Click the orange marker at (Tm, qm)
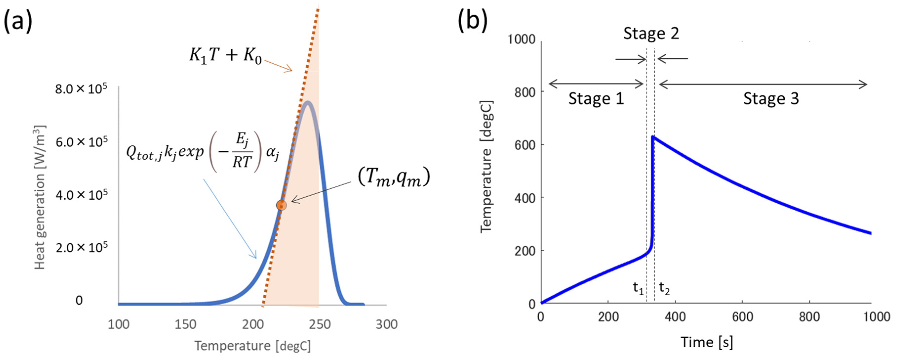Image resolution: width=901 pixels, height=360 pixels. click(x=281, y=205)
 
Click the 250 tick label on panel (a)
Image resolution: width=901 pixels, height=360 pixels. click(x=320, y=324)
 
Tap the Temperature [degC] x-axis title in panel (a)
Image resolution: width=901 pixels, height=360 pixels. click(x=253, y=346)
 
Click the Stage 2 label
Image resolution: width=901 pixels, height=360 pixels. click(x=651, y=34)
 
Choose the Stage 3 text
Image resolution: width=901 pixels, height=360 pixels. click(x=771, y=99)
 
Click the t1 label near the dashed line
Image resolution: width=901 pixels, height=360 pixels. click(x=638, y=289)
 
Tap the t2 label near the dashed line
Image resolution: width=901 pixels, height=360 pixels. click(x=664, y=289)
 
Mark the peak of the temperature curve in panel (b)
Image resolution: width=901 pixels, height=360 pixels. click(x=653, y=137)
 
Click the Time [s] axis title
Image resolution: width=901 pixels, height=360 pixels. click(x=706, y=342)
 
